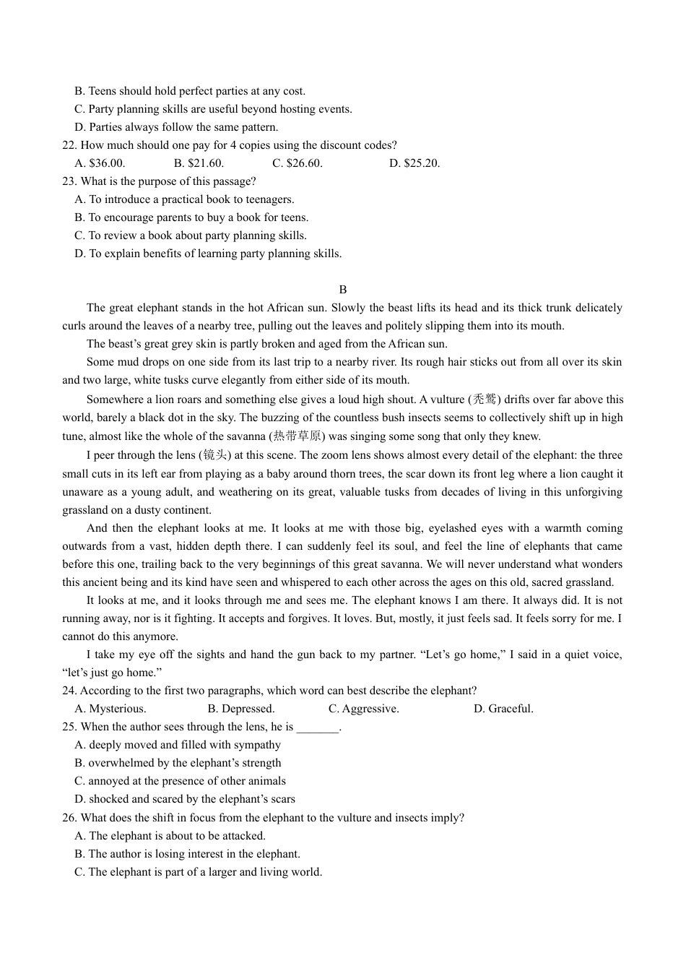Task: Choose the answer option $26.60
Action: coord(304,163)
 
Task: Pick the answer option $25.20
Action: coord(421,163)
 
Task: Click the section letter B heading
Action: coord(343,290)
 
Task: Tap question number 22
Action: coord(69,145)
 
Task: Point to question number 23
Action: coord(69,181)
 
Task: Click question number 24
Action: coord(69,691)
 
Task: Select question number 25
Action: coord(69,727)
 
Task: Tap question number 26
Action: coord(69,818)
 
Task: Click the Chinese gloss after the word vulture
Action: coord(485,400)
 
